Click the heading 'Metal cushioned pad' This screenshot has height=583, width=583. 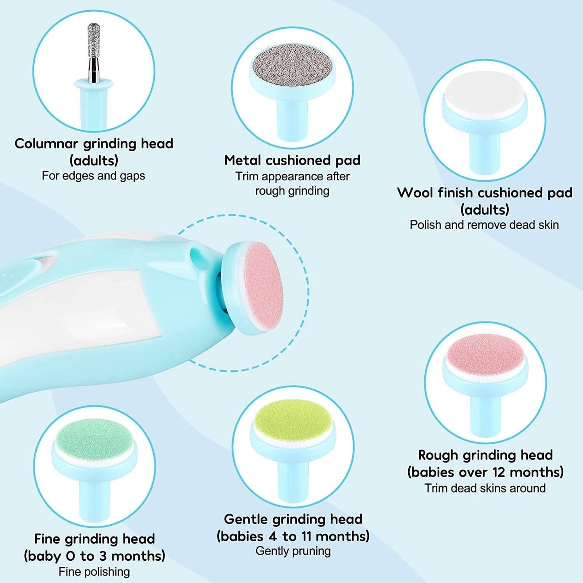pos(292,160)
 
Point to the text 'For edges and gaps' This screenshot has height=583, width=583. pos(93,176)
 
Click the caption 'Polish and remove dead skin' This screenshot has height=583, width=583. pos(484,225)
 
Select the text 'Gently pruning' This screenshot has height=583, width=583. pos(293,551)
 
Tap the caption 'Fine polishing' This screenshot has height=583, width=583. pos(94,571)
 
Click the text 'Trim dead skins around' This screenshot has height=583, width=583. pos(485,488)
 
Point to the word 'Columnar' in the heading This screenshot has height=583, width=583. pos(46,143)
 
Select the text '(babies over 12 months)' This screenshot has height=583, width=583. pos(485,472)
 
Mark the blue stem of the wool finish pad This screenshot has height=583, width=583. pos(485,151)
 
